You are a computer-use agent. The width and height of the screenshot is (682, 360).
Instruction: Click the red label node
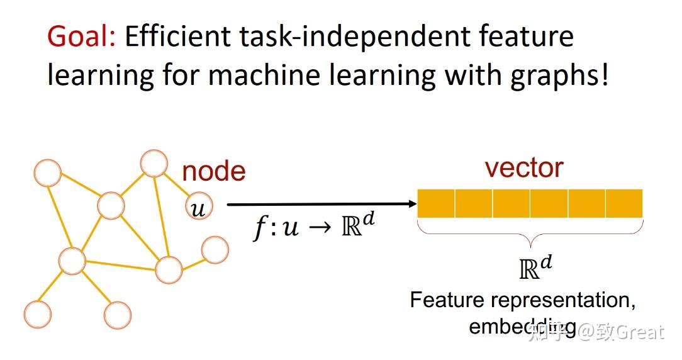(214, 171)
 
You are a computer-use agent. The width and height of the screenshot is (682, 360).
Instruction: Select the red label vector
(524, 167)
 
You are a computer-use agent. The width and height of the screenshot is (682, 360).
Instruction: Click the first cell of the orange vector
(436, 203)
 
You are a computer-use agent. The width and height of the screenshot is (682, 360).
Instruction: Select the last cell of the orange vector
(623, 203)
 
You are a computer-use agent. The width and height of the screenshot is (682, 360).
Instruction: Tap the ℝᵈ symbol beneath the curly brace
(535, 267)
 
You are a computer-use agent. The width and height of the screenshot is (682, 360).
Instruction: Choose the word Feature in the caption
(447, 300)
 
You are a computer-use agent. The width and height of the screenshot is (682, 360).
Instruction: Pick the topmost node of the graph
(154, 163)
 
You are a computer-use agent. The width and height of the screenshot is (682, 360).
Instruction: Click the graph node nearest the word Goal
(47, 172)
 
